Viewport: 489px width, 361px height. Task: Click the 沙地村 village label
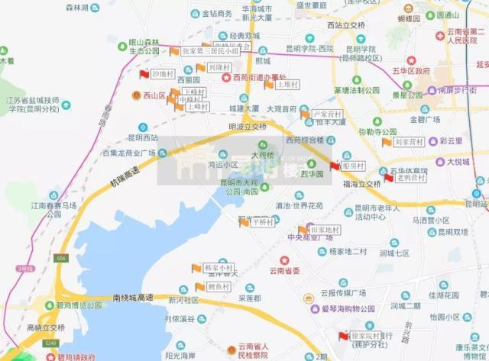164,74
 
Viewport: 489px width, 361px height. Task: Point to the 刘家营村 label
409,142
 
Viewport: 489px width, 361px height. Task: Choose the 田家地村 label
325,229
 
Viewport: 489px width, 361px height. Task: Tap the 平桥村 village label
262,221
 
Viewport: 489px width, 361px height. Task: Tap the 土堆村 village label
288,84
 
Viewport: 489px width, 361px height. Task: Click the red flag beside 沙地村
143,74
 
